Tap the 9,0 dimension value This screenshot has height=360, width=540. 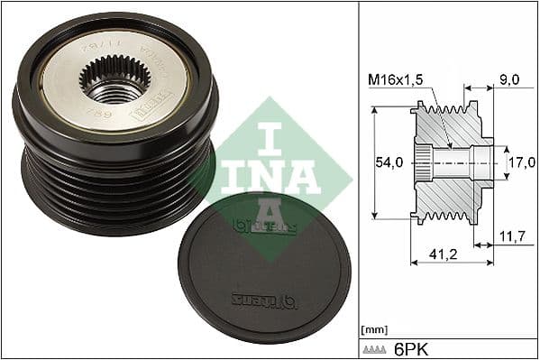(509, 79)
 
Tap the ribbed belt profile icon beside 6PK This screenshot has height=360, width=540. (377, 348)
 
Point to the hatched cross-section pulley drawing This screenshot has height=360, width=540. (451, 162)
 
